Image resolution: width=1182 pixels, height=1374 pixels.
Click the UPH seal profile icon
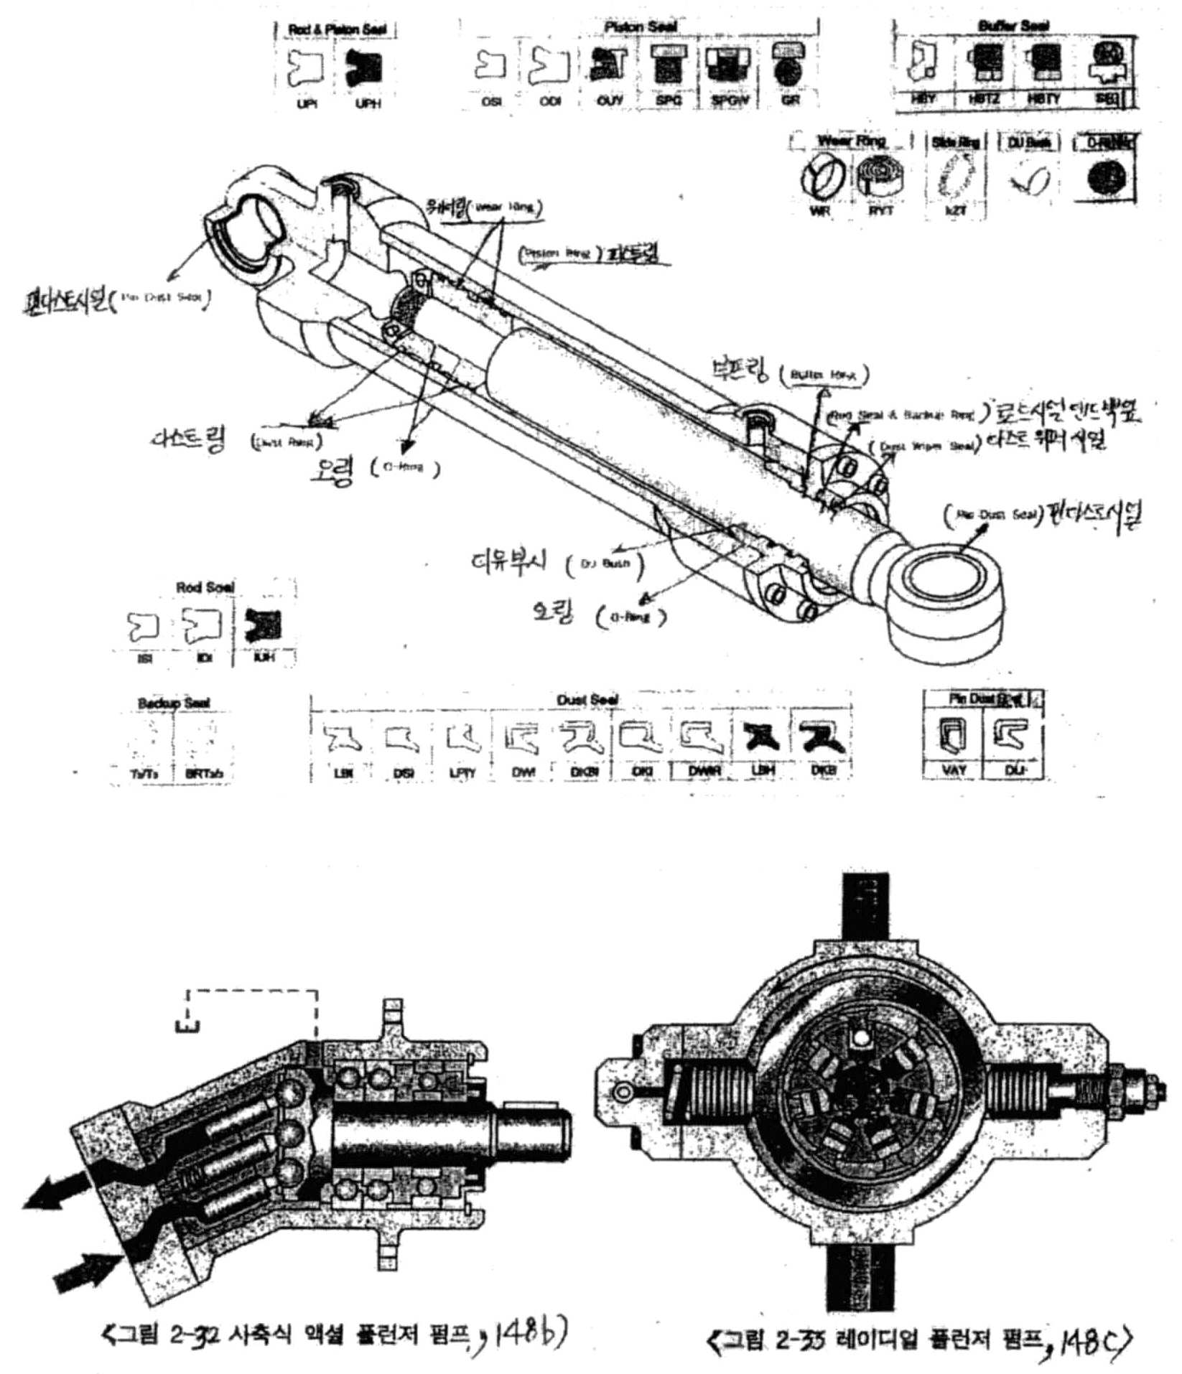tap(367, 70)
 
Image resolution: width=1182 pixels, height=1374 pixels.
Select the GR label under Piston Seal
tap(791, 101)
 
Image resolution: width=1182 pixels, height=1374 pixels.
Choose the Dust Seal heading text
tap(587, 699)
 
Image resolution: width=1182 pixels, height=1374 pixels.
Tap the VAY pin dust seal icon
tap(954, 736)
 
